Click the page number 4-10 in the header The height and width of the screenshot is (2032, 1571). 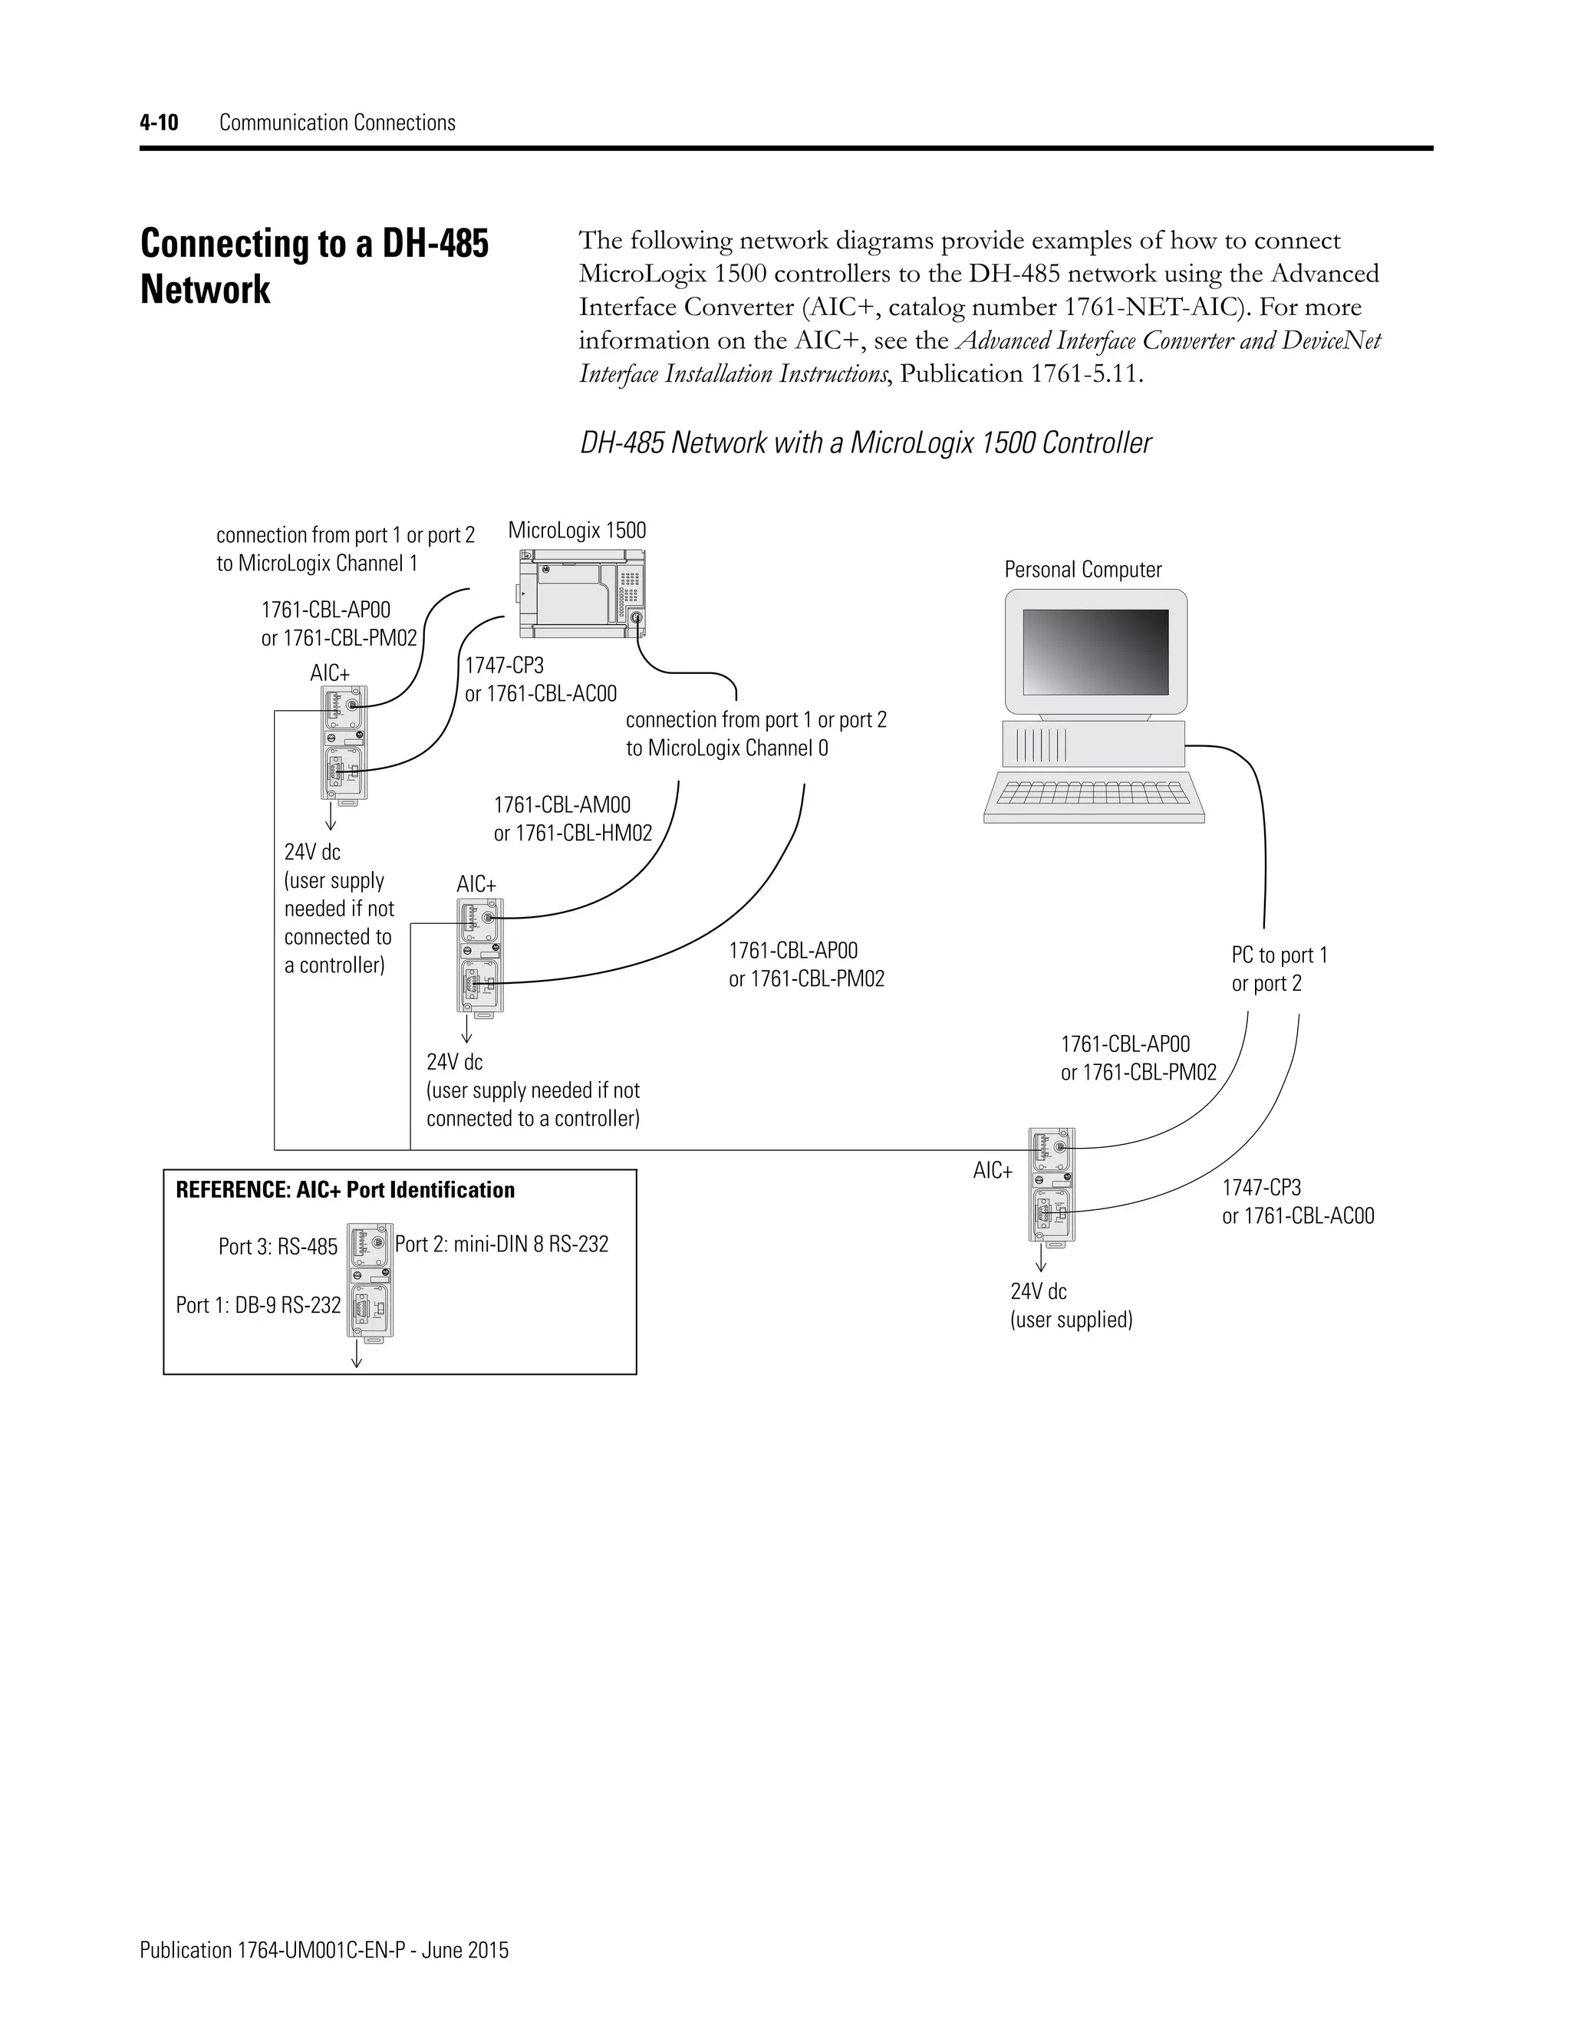[x=158, y=123]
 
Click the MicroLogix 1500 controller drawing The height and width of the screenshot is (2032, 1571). [x=581, y=593]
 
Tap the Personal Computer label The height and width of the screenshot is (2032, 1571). [x=1082, y=570]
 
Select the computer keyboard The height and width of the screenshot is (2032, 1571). [x=1094, y=797]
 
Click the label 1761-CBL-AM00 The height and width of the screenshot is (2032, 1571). [x=562, y=805]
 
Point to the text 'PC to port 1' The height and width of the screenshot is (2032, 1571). [x=1279, y=955]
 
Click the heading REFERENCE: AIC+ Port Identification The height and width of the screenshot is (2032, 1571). [x=344, y=1190]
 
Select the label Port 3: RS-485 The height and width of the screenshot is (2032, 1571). [x=278, y=1247]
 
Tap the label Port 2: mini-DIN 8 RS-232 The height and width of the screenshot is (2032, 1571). [x=502, y=1244]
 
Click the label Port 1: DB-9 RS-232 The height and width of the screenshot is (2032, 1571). [x=258, y=1305]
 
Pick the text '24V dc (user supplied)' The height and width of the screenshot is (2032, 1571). [x=1070, y=1305]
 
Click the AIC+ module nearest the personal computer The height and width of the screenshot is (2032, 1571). [x=1051, y=1185]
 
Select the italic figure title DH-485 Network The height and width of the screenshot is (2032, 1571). [x=865, y=443]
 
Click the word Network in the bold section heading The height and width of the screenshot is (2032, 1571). [x=205, y=289]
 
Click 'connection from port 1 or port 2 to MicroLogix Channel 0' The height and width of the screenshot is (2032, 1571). [x=755, y=734]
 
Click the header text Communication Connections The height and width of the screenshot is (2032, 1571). [x=337, y=123]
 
